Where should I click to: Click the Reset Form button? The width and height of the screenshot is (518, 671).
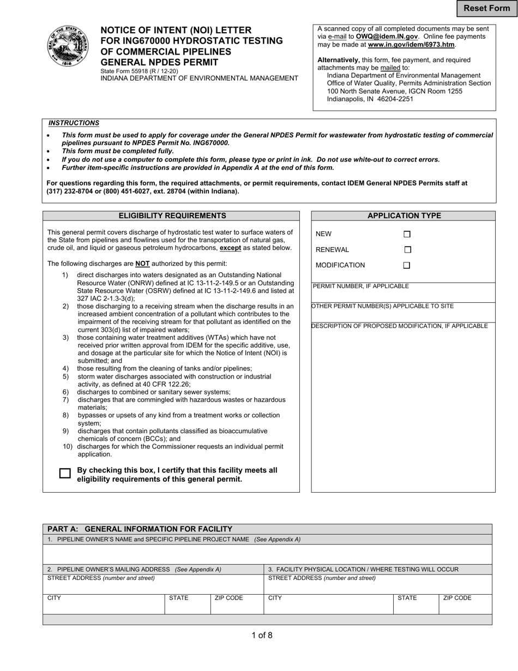tap(486, 8)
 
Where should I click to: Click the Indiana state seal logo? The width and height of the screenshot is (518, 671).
tap(67, 46)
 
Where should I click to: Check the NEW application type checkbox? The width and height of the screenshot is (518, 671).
tap(407, 234)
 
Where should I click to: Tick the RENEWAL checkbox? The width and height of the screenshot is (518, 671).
tap(407, 250)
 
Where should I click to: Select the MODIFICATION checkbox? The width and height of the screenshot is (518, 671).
tap(407, 266)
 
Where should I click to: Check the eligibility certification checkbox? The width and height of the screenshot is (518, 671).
tap(65, 474)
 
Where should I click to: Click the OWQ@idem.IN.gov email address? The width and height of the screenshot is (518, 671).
tap(387, 37)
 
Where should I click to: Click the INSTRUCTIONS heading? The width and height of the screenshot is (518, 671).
tap(74, 123)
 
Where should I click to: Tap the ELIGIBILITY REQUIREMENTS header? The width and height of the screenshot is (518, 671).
tap(172, 216)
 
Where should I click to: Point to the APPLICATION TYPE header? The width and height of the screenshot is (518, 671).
tap(403, 216)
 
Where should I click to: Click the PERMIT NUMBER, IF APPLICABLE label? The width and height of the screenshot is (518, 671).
tap(360, 286)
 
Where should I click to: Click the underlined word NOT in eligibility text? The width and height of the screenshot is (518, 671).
tap(142, 263)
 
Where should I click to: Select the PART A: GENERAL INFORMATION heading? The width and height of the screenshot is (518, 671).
tap(140, 529)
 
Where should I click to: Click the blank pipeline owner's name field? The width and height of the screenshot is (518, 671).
tap(267, 554)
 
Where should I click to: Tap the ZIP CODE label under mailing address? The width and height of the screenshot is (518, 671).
tap(228, 598)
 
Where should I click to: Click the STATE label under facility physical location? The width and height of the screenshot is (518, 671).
tap(407, 598)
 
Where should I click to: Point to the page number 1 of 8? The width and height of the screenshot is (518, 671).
tap(262, 635)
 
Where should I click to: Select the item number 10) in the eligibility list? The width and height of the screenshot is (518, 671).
tap(68, 447)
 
